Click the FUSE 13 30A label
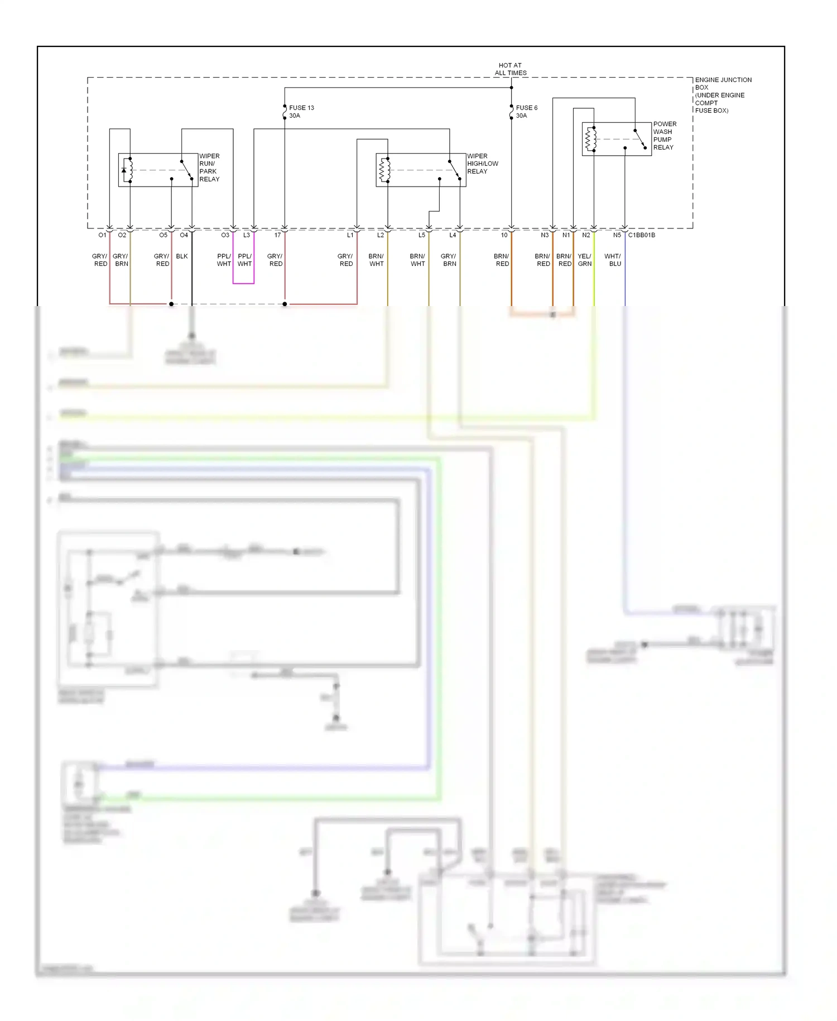coord(301,112)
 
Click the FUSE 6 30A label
coord(526,112)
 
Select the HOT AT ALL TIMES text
coord(511,69)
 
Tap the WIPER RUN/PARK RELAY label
coord(209,168)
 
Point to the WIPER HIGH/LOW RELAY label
coord(482,164)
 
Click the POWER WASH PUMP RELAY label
coord(664,136)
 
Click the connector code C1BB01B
coord(642,235)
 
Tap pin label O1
coord(102,235)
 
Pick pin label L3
coord(247,235)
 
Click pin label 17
coord(277,235)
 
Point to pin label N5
coord(617,235)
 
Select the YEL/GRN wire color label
coord(584,260)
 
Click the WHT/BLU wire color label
coord(613,260)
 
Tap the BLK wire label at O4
coord(182,256)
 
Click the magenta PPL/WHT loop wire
coord(243,283)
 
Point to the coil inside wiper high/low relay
coord(384,170)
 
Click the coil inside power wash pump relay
coord(590,139)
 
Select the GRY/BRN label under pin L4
coord(449,260)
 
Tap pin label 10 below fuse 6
coord(504,235)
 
